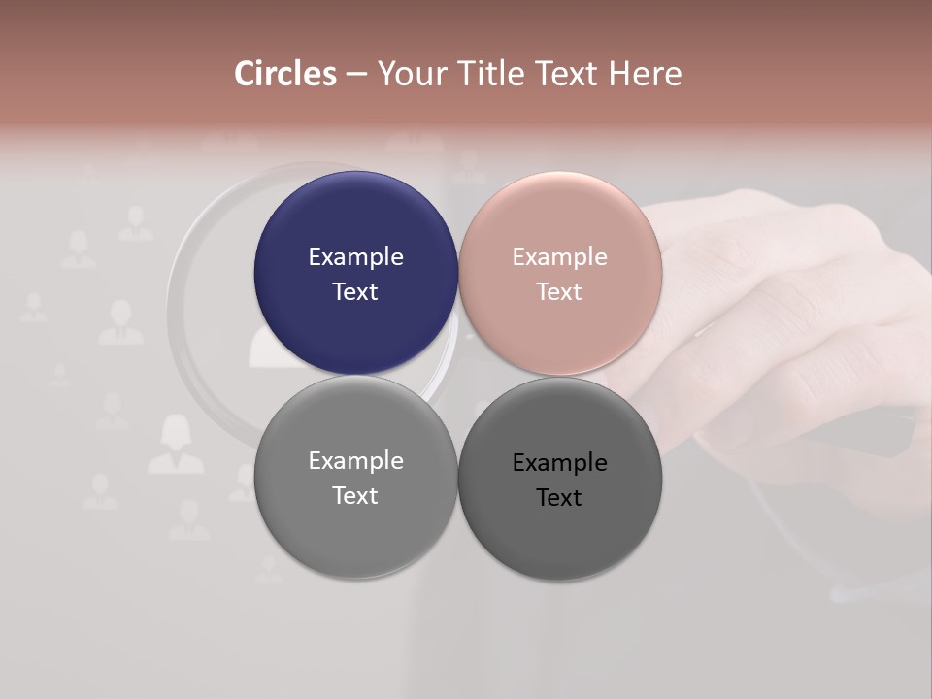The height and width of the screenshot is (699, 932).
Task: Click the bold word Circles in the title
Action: (x=285, y=74)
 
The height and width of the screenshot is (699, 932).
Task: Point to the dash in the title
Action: (x=356, y=75)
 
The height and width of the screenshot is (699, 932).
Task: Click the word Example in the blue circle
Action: (x=355, y=257)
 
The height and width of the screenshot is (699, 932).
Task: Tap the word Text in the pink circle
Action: (x=559, y=292)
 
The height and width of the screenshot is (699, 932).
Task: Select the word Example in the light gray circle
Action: (x=355, y=461)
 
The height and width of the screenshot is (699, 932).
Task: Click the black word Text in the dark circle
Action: (x=559, y=498)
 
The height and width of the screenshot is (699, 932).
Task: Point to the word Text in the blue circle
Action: (x=355, y=292)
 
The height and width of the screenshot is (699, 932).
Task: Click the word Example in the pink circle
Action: (x=560, y=257)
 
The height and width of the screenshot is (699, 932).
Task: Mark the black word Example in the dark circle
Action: (x=560, y=463)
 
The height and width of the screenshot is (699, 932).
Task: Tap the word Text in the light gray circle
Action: (x=355, y=496)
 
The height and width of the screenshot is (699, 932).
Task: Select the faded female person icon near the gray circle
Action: (x=176, y=447)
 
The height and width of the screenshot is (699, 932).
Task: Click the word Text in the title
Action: (x=567, y=74)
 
